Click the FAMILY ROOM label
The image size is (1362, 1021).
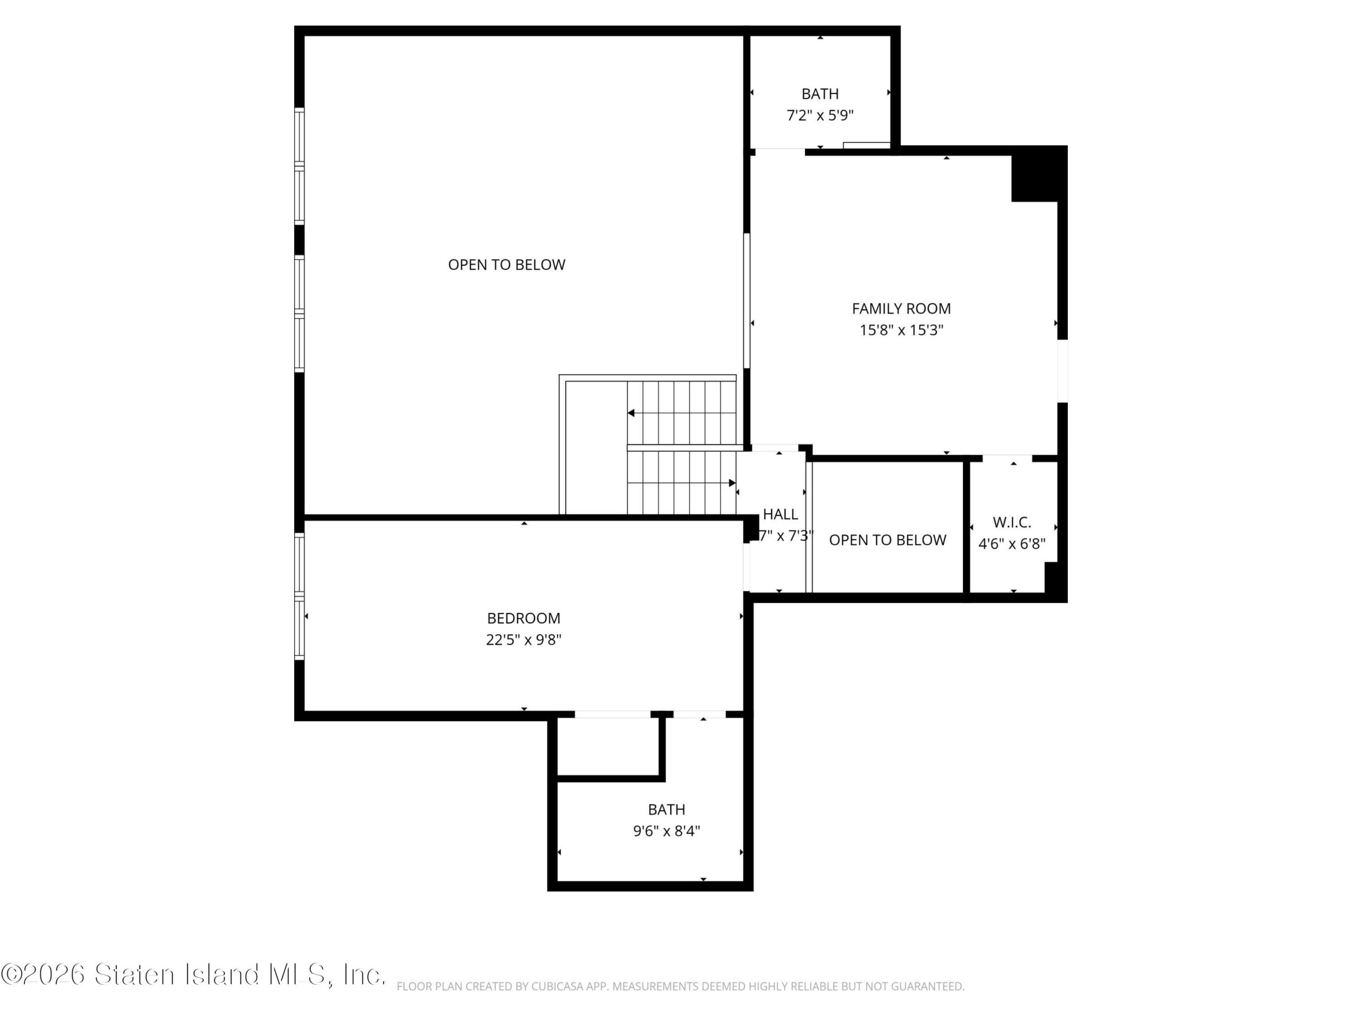pos(901,308)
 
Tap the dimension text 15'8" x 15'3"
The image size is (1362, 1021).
pos(901,330)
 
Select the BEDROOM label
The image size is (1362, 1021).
pos(524,618)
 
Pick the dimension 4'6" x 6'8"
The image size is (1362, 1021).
pos(1011,543)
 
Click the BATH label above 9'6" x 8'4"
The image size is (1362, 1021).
pos(666,809)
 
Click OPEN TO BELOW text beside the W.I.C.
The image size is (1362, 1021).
pos(887,540)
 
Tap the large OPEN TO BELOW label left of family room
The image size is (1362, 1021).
pos(506,265)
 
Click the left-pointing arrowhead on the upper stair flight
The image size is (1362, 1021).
pos(631,413)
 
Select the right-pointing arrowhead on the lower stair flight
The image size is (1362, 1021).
pos(732,483)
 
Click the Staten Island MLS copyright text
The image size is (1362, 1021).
pos(193,974)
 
